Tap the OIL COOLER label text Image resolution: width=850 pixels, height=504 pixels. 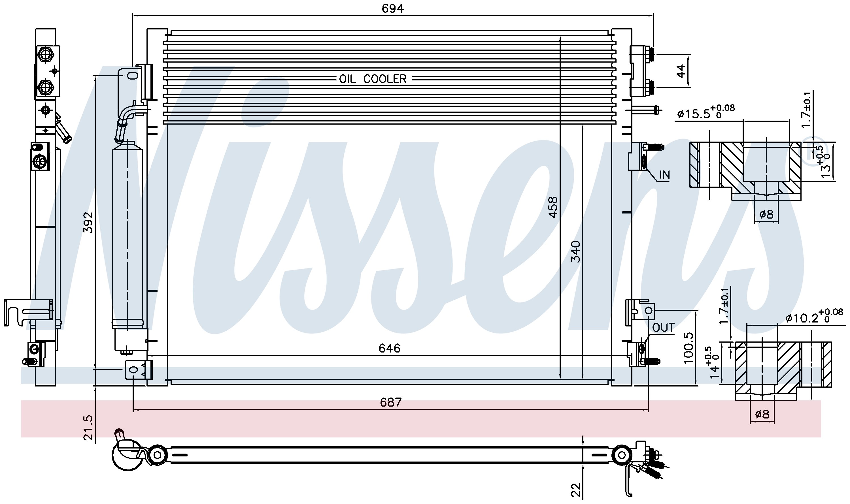click(x=373, y=79)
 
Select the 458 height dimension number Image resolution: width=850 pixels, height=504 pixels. click(x=553, y=207)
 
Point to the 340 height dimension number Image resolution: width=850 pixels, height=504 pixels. click(x=575, y=251)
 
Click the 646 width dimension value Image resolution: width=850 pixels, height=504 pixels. click(x=390, y=348)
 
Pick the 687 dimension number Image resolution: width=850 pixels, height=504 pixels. click(x=391, y=402)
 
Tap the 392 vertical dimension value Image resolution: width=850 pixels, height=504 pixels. click(x=88, y=223)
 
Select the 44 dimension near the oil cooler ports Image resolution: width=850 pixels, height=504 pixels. click(x=681, y=71)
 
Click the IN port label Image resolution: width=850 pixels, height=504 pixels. click(x=664, y=175)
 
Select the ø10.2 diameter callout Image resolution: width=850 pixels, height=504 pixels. click(x=814, y=317)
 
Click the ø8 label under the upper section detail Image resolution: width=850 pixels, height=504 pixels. click(x=766, y=214)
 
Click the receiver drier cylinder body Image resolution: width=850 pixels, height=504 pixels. click(x=127, y=234)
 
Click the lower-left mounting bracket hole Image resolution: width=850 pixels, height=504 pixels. click(x=134, y=369)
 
